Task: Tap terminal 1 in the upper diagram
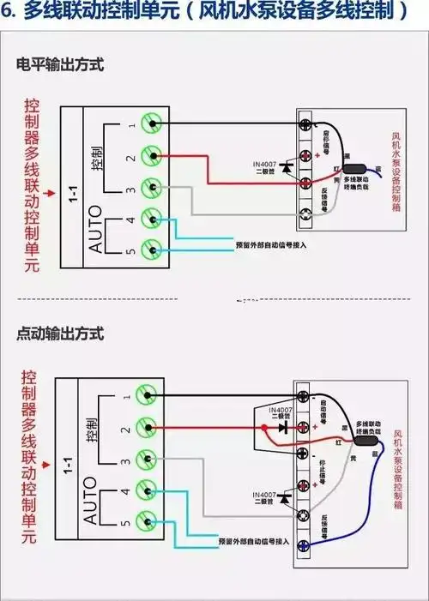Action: click(x=152, y=124)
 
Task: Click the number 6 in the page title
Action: click(x=8, y=12)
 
